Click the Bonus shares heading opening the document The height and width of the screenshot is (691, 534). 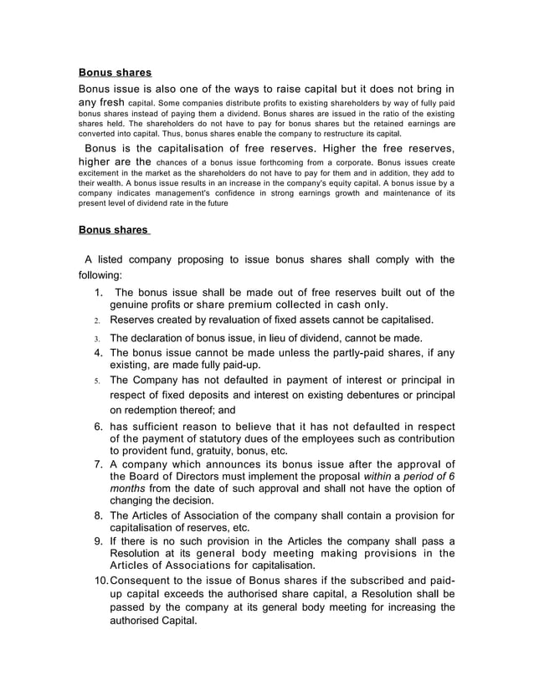coord(115,73)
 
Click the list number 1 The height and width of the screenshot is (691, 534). coord(98,293)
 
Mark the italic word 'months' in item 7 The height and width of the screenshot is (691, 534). coord(128,489)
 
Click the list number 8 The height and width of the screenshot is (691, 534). coord(98,515)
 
